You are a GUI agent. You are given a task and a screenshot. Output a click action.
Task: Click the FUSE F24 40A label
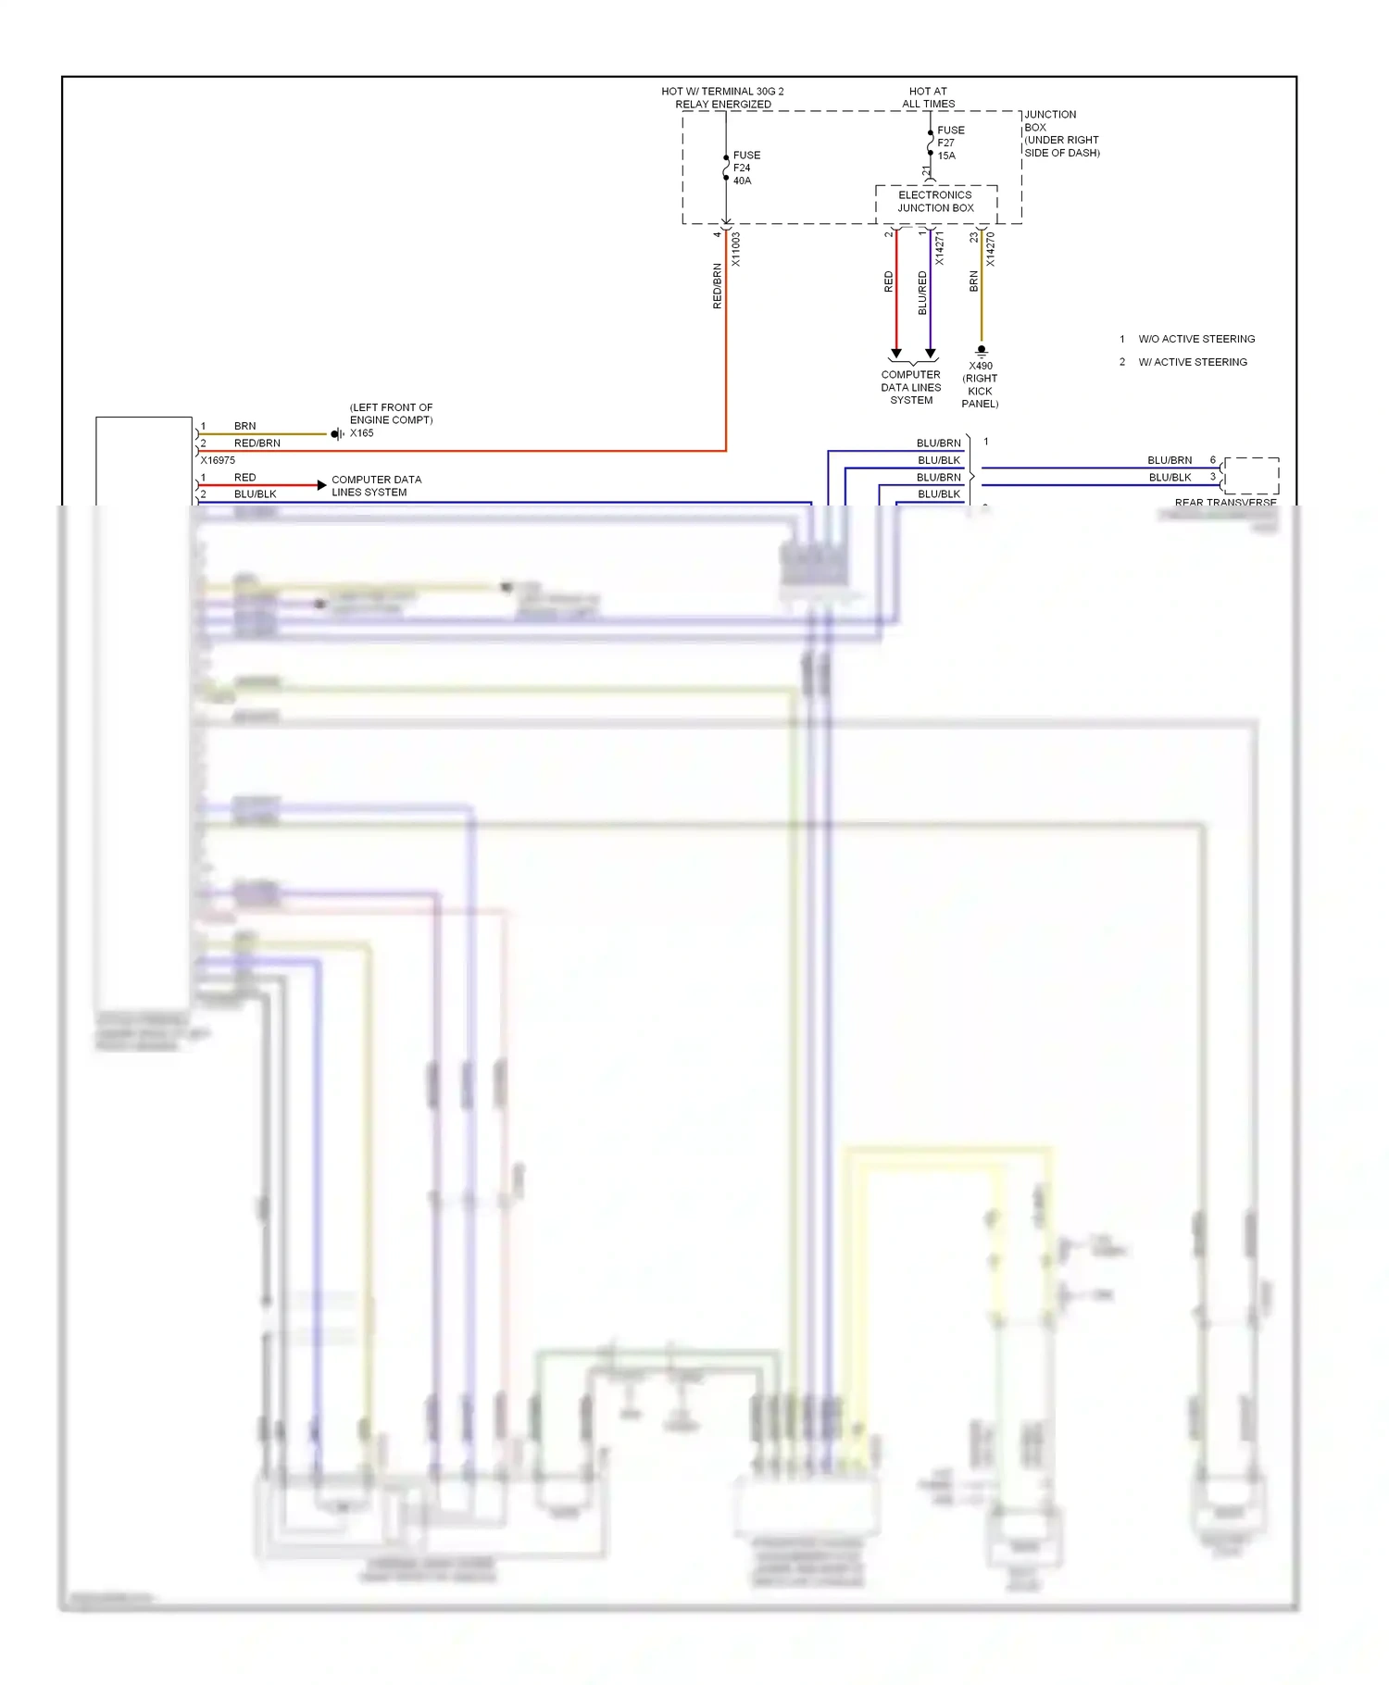pos(746,168)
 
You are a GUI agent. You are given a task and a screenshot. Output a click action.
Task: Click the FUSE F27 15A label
pos(950,143)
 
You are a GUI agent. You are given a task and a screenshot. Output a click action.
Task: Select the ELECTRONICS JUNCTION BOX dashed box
pos(935,202)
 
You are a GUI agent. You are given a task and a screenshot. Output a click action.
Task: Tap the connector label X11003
pos(736,249)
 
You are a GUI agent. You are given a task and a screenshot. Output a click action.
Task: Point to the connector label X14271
pos(939,249)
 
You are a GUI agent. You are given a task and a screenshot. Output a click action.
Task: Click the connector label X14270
pos(990,249)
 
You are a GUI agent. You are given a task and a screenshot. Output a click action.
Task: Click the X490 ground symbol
pos(982,351)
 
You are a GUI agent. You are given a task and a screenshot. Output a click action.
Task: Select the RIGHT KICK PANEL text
pos(980,391)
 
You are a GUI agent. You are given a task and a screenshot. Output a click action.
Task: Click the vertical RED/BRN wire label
pos(717,285)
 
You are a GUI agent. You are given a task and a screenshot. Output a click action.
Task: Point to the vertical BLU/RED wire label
pos(922,293)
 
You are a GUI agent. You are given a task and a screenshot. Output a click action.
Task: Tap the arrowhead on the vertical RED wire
pos(895,354)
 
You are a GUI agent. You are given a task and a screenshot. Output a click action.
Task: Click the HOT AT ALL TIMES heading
pos(928,97)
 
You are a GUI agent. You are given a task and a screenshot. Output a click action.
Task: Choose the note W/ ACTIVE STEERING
pos(1192,362)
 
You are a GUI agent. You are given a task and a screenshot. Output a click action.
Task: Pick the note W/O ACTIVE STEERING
pos(1196,339)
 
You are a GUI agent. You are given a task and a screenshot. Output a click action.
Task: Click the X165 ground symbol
pos(337,433)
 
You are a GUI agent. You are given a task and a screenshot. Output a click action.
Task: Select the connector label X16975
pos(218,460)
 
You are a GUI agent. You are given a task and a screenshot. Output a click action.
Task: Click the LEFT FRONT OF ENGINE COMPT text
pos(391,413)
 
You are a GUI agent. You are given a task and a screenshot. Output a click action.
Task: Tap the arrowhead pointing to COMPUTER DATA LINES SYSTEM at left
pos(321,485)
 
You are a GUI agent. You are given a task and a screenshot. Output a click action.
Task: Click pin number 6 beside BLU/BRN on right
pos(1212,460)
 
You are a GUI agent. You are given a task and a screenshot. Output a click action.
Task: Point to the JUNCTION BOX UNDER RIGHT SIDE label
pos(1061,133)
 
